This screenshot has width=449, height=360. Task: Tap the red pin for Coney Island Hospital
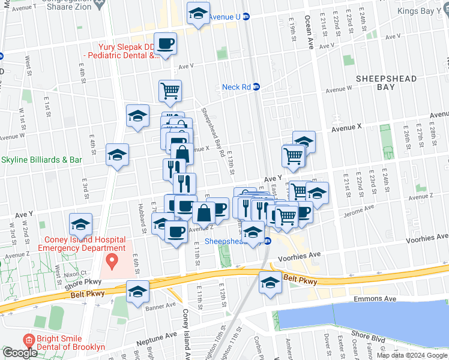[111, 261]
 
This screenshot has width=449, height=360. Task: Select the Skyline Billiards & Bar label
[42, 160]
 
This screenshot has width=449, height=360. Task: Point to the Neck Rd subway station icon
[256, 86]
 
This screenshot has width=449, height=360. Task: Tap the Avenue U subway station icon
[246, 17]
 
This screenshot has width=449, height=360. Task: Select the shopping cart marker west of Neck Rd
[170, 91]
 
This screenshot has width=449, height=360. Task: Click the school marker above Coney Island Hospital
[80, 224]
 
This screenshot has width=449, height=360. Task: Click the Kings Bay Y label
[424, 12]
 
